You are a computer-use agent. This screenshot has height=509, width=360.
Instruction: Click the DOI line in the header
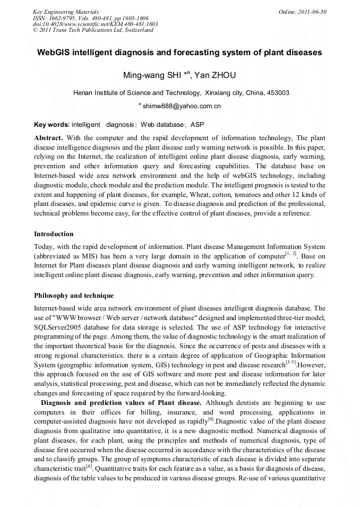pos(95,24)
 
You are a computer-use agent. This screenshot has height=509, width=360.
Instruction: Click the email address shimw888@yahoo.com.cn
pos(182,106)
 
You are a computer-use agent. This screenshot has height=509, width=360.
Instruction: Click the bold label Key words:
pos(52,125)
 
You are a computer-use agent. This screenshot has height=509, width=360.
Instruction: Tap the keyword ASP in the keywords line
pos(197,125)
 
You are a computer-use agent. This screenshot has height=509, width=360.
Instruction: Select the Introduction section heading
pos(54,234)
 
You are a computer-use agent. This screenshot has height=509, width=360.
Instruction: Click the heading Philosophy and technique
pos(73,295)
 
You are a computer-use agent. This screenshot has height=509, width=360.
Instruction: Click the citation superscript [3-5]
pos(290,362)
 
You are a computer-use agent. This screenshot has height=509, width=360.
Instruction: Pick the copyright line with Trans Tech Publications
pos(93,30)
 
